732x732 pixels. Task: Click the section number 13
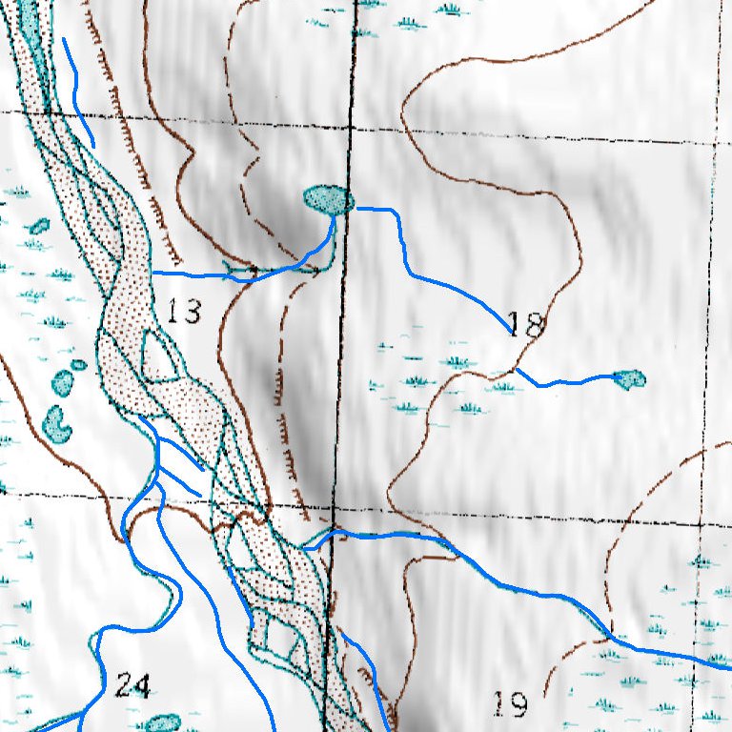click(184, 311)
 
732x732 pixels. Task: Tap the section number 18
click(524, 325)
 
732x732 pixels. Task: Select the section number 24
click(132, 684)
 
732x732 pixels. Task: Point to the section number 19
click(511, 704)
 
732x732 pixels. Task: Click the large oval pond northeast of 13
click(329, 199)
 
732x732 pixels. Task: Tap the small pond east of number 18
click(629, 379)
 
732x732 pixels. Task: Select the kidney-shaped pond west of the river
click(58, 422)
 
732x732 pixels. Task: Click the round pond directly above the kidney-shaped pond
click(63, 383)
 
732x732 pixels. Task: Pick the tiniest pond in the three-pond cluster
click(79, 365)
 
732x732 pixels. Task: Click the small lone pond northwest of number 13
click(39, 227)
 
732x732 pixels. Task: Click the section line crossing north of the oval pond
click(350, 128)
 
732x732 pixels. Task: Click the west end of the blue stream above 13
click(155, 273)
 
